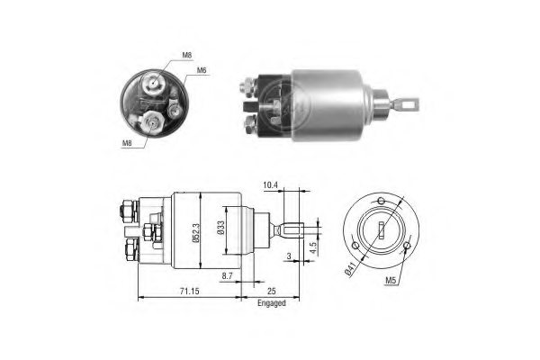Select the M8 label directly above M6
(186, 56)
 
